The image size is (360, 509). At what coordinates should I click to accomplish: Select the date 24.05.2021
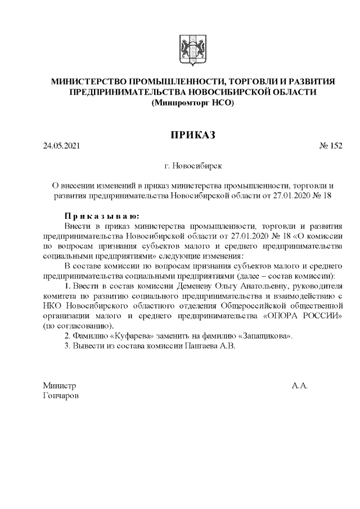62,146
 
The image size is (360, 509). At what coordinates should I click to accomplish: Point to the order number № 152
330,146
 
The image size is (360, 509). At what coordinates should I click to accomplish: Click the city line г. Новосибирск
193,166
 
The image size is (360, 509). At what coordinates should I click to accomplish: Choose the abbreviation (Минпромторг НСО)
193,103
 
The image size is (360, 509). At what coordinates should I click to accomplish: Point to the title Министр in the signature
59,386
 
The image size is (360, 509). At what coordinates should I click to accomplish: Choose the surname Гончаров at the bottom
61,396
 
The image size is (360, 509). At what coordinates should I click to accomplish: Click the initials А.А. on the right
299,386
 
